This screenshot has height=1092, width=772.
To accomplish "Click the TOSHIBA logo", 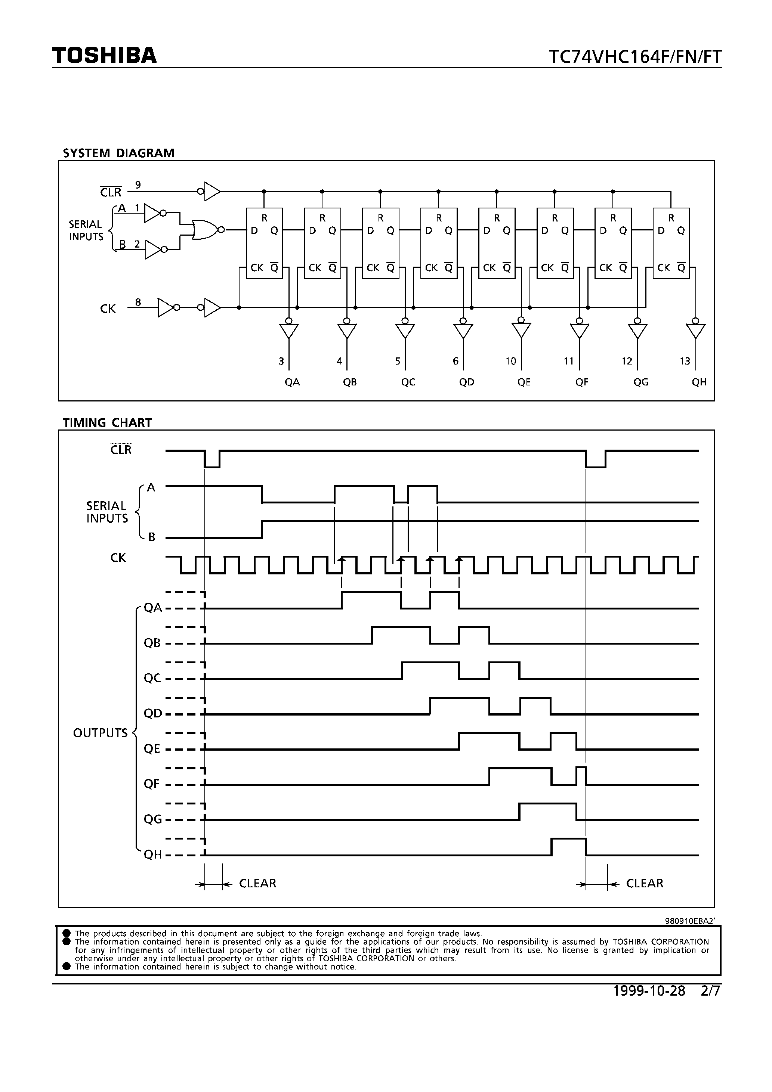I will (x=104, y=56).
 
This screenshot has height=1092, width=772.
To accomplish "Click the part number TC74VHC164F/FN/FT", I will (x=635, y=57).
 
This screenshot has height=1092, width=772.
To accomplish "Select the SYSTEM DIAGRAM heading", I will (x=118, y=153).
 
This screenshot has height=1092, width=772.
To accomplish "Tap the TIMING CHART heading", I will (x=107, y=423).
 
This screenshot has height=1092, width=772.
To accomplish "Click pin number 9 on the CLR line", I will (x=138, y=185).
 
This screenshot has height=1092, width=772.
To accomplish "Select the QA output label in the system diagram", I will (x=292, y=382).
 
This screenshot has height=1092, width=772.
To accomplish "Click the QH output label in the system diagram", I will (x=699, y=382).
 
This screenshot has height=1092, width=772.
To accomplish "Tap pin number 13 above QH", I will (x=685, y=362).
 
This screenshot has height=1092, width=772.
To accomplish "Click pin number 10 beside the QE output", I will (x=510, y=362).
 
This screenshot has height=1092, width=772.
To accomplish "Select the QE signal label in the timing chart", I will (x=152, y=749).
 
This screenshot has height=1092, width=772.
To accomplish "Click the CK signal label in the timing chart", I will (x=118, y=558).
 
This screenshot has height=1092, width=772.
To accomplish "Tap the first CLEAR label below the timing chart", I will (x=257, y=884).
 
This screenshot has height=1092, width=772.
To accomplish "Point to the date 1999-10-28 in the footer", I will (x=649, y=991).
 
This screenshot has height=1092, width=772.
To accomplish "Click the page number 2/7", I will (x=711, y=991).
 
